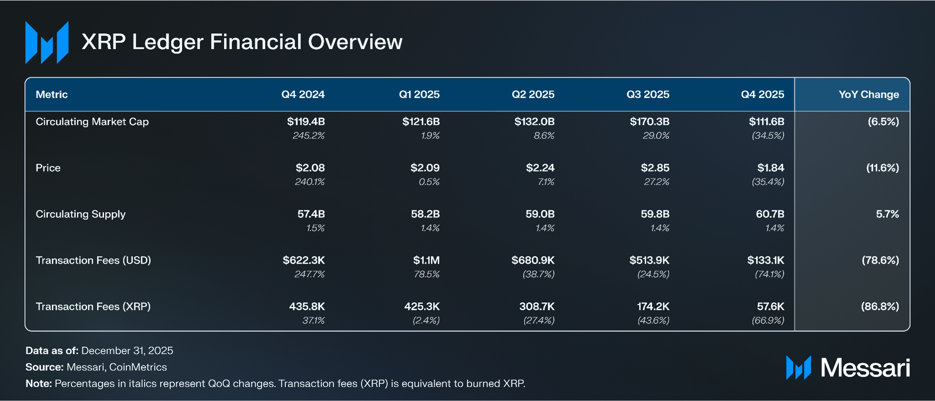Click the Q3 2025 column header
648,94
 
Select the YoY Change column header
869,94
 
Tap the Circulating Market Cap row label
92,122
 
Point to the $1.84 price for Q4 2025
771,168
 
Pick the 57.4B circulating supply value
311,214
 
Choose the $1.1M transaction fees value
426,260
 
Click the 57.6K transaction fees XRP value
770,306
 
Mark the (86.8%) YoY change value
880,306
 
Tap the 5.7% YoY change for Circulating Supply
888,214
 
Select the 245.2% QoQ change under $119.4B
309,136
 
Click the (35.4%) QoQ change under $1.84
768,182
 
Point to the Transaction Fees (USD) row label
93,260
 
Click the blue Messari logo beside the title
47,42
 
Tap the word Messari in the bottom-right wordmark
865,367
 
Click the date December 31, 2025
127,350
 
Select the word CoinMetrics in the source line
138,367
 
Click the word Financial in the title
256,42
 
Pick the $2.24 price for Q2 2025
540,168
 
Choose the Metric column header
51,94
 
